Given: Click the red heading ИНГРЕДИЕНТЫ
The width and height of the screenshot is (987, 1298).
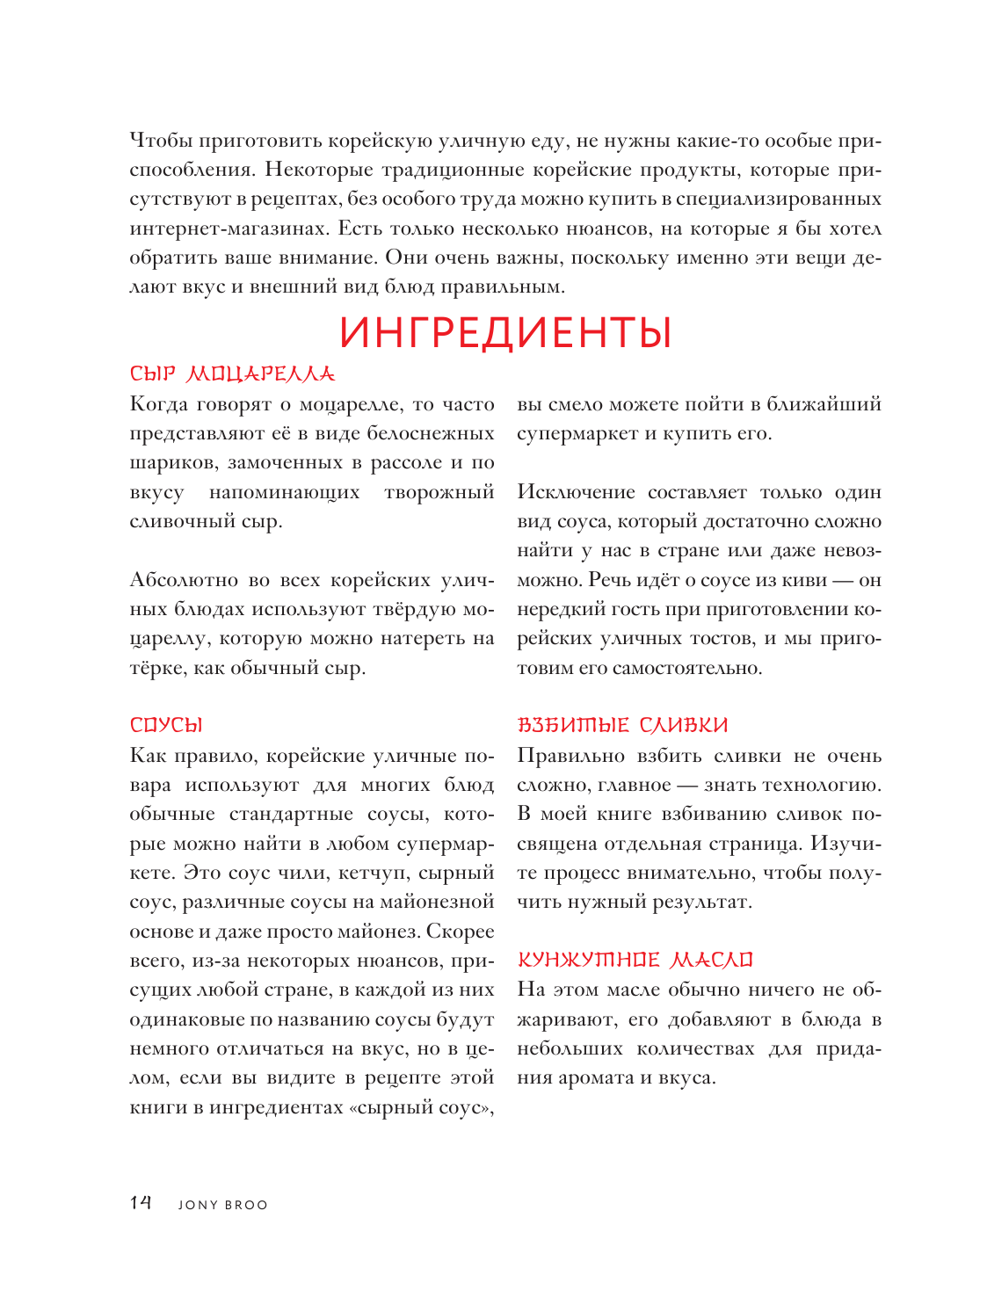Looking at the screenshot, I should [505, 333].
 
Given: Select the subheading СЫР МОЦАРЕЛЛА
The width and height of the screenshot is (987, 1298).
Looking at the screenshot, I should [232, 373].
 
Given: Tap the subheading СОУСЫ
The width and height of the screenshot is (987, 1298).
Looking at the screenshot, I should [166, 725].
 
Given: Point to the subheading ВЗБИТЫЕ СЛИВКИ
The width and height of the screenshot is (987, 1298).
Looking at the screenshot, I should [622, 725].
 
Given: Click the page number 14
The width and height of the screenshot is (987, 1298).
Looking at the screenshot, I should [141, 1202].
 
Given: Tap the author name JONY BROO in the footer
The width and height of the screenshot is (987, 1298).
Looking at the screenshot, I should [222, 1205].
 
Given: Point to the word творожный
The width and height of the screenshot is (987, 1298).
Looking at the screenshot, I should [439, 492].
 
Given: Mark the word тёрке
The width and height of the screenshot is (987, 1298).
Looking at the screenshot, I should [156, 668].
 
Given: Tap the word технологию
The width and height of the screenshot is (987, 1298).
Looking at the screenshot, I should [821, 785].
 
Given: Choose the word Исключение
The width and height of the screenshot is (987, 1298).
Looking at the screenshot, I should [576, 492].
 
